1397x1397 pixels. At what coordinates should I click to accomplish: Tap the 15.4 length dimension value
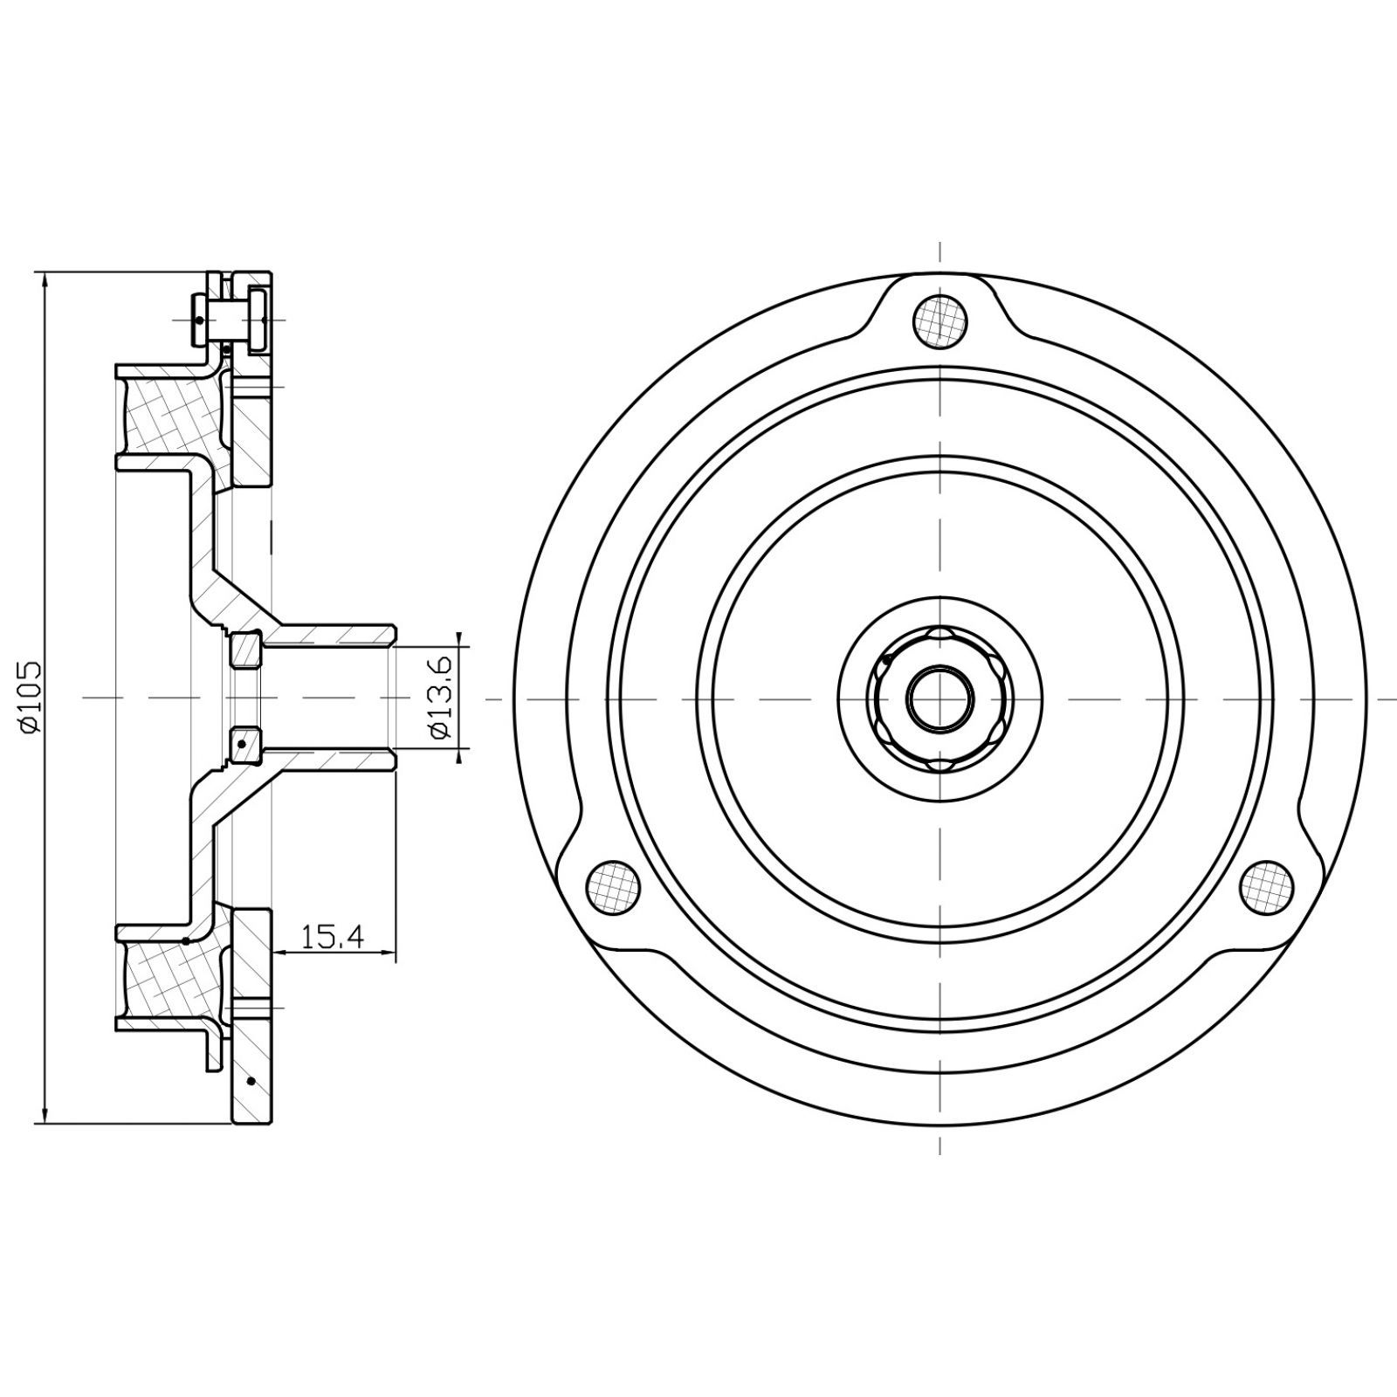tap(332, 938)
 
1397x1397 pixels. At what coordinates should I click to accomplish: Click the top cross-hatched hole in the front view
tap(939, 320)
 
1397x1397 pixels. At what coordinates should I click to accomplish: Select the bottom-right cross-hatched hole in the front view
tap(1268, 887)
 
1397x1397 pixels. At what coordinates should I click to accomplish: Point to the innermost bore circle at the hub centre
tap(940, 698)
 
